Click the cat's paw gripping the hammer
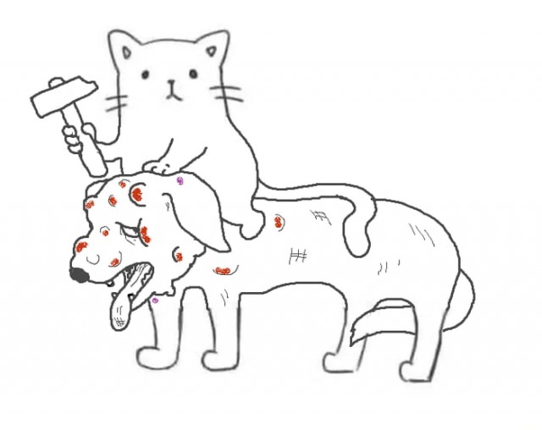point(79,136)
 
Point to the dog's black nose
point(78,274)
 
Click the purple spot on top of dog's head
point(180,180)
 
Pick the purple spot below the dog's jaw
point(155,300)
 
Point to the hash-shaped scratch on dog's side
point(298,254)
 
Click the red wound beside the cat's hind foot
point(278,223)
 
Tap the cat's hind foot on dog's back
point(251,228)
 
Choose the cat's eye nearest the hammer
point(146,75)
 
